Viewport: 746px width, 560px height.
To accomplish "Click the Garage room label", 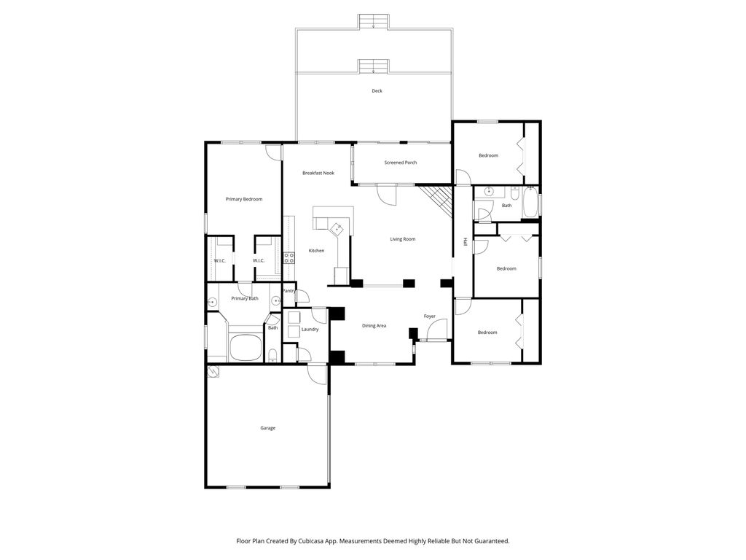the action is click(x=268, y=428).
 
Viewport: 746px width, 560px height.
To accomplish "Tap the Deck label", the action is click(x=377, y=90).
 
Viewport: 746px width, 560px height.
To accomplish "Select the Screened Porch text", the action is click(x=401, y=163).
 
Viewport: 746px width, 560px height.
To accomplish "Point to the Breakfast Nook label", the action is click(x=318, y=173).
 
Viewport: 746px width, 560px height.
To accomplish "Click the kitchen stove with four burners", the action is click(x=288, y=258).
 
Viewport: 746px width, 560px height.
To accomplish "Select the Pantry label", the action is click(x=289, y=290).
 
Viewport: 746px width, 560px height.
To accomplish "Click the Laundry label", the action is click(x=310, y=329).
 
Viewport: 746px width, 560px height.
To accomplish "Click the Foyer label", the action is click(x=430, y=316).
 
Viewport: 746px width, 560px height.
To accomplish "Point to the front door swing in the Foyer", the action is click(x=437, y=330).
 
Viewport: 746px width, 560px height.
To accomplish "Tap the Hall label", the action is click(x=466, y=241).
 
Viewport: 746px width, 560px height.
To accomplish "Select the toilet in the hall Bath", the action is click(x=515, y=194).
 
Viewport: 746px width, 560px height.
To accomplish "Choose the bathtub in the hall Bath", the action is click(x=530, y=202).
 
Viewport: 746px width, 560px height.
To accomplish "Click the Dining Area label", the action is click(x=374, y=326).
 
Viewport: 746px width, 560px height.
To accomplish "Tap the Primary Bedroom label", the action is click(x=244, y=199).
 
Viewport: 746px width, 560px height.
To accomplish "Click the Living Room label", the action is click(x=402, y=239).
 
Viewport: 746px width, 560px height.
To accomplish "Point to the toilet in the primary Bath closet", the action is click(x=272, y=355).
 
